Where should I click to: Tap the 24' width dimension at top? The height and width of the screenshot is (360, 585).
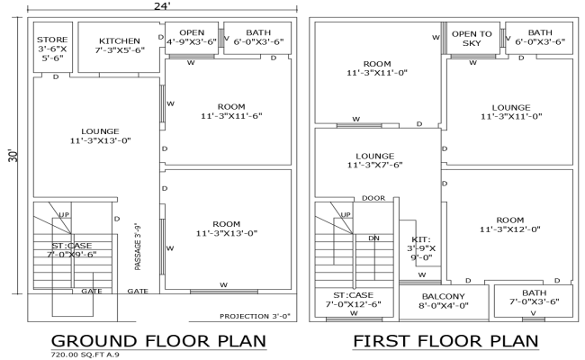pos(161,6)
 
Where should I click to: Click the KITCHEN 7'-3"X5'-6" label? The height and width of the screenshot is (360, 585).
pos(120,46)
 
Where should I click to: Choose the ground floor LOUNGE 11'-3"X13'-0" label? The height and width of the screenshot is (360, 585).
pos(100,135)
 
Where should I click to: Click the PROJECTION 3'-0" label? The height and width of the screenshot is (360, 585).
pos(256,317)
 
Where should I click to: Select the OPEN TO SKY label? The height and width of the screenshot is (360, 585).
pos(472,38)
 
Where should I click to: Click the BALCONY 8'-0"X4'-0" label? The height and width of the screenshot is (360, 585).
pos(443,301)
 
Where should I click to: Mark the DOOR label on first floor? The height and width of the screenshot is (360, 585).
pos(373,198)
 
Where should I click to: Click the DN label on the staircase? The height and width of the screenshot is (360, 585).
pos(374,238)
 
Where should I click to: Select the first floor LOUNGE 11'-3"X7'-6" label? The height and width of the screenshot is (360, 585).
pos(375,160)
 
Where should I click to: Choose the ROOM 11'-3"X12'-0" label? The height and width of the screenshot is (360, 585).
pos(509,224)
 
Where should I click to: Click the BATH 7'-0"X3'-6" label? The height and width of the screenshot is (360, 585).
pos(534,298)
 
